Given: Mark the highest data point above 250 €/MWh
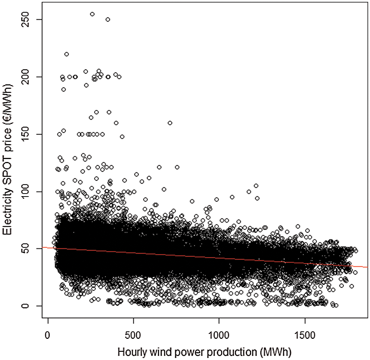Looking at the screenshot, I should click(92, 14).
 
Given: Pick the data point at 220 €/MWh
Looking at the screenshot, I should click(66, 54).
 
